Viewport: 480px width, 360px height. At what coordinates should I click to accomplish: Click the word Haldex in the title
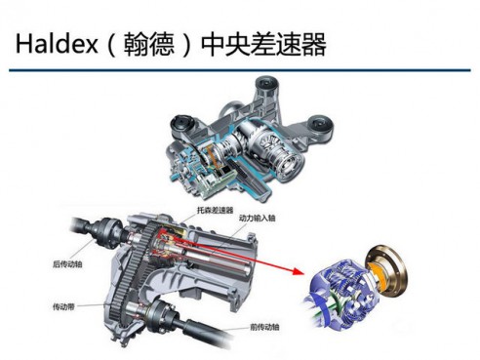[x=57, y=44]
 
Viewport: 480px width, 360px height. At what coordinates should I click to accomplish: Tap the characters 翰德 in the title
[x=149, y=44]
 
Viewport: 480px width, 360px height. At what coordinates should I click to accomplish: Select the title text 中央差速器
[x=263, y=44]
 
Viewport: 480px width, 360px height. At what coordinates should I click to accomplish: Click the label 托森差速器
[x=215, y=210]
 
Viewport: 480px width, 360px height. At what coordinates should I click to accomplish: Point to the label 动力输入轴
[x=257, y=218]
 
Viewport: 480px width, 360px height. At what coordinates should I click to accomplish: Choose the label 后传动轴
[x=67, y=264]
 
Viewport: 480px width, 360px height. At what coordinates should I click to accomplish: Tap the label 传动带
[x=63, y=306]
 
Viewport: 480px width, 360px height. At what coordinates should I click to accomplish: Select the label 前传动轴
[x=264, y=327]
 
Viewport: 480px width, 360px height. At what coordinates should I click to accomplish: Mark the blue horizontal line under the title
[x=240, y=70]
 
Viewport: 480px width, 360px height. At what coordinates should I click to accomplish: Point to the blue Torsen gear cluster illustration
[x=341, y=295]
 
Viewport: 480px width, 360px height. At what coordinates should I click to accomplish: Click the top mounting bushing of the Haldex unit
[x=267, y=85]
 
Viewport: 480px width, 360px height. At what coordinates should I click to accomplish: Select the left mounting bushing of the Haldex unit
[x=182, y=126]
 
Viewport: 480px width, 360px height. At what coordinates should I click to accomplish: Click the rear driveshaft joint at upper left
[x=104, y=233]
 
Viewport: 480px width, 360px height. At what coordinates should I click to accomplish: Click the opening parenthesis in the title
[x=111, y=45]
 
